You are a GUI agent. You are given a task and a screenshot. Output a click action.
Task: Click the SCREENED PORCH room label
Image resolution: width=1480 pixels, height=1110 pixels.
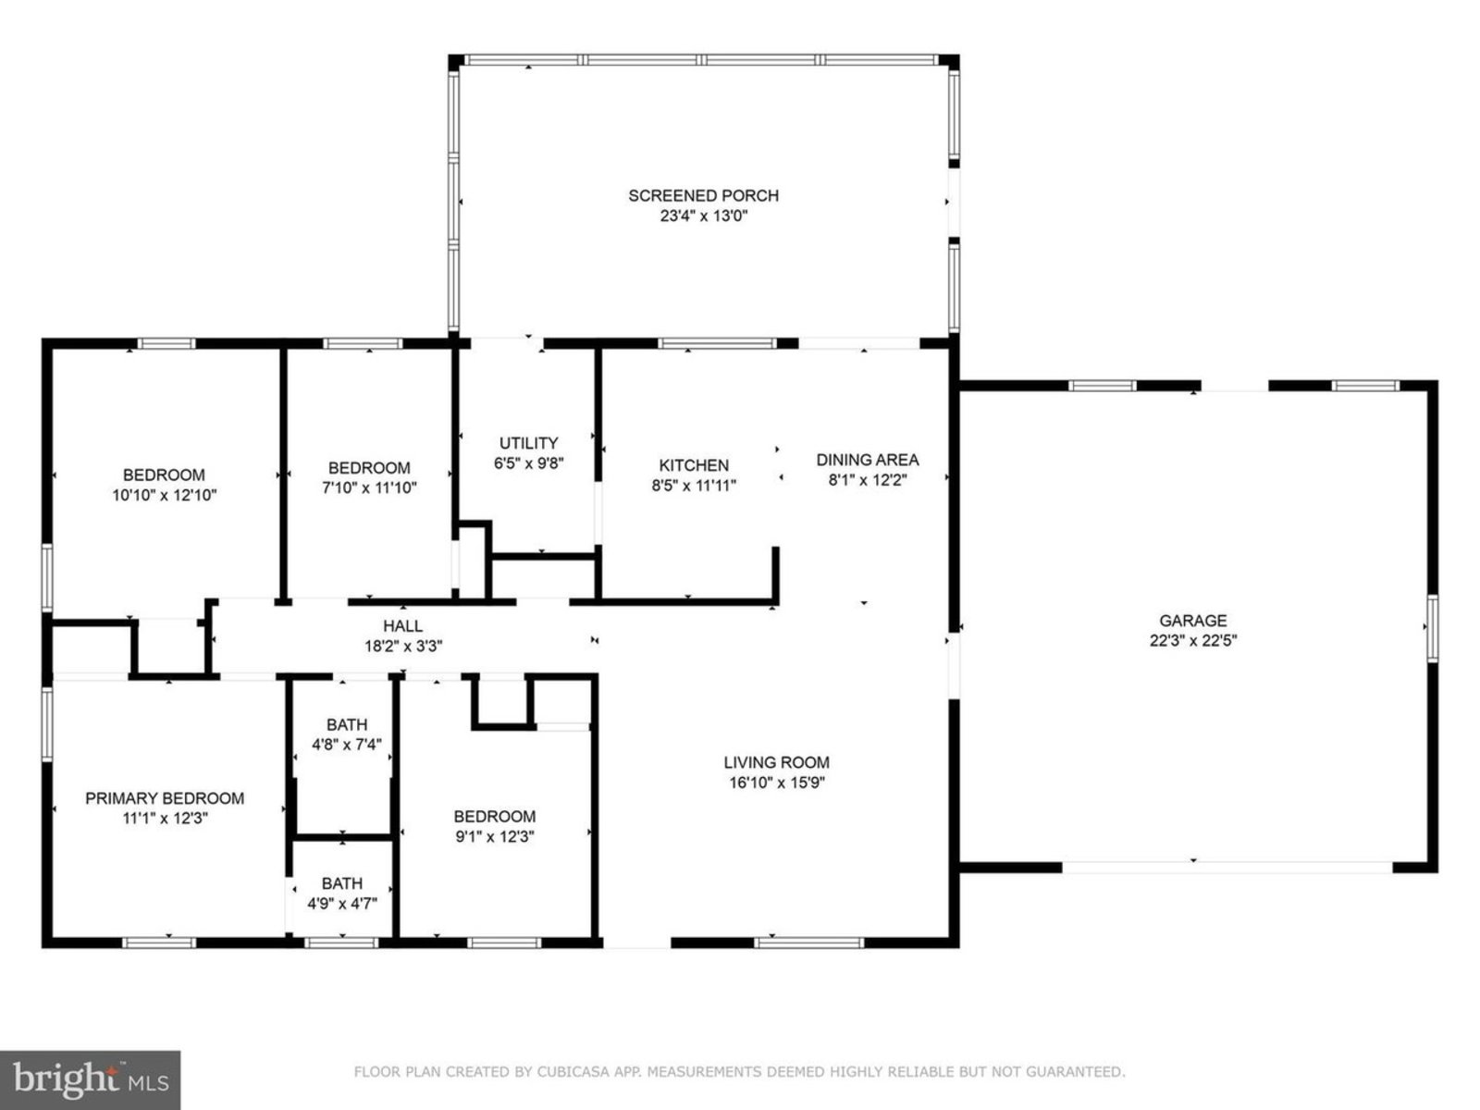[703, 196]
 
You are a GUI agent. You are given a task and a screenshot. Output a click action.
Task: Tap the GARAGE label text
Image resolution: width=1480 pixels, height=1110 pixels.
[1192, 620]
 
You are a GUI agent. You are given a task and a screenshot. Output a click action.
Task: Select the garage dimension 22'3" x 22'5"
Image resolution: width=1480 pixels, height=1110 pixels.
[1192, 640]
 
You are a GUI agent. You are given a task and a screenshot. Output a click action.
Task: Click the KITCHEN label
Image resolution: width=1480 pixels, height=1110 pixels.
[693, 465]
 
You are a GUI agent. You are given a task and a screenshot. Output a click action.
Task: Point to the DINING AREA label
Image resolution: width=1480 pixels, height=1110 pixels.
[867, 460]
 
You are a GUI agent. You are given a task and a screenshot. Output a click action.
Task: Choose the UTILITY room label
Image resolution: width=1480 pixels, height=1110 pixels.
[528, 443]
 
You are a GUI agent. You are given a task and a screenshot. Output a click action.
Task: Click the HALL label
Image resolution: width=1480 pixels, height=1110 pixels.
[403, 625]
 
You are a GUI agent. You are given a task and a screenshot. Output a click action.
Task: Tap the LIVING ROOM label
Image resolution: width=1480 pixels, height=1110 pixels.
[777, 762]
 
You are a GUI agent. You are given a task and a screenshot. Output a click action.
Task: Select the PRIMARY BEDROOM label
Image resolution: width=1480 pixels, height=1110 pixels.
[165, 798]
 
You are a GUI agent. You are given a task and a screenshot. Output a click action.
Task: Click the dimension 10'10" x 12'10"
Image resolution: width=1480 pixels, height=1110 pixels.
[164, 496]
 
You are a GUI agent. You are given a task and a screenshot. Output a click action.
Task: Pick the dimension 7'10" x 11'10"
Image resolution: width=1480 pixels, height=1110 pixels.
[369, 487]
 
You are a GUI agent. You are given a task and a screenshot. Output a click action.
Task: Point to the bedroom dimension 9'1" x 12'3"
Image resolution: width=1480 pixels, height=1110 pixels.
[494, 836]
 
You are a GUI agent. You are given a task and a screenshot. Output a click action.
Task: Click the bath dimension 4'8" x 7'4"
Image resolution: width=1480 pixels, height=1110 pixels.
[347, 744]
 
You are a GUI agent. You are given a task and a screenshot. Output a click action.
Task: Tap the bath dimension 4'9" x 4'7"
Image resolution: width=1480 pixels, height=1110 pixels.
[342, 903]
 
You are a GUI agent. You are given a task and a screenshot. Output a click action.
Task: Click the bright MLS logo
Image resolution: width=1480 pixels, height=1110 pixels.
[90, 1079]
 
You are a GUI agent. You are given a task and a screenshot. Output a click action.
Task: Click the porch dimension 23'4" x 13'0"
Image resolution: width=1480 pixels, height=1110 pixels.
[704, 216]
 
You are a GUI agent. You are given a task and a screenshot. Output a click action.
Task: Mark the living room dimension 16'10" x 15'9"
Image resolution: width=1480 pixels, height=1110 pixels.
[777, 783]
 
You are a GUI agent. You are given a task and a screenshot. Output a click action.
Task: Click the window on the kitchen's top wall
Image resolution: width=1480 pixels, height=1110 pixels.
[717, 343]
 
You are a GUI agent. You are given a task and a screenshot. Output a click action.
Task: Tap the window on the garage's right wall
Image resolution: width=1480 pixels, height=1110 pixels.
[1432, 629]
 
